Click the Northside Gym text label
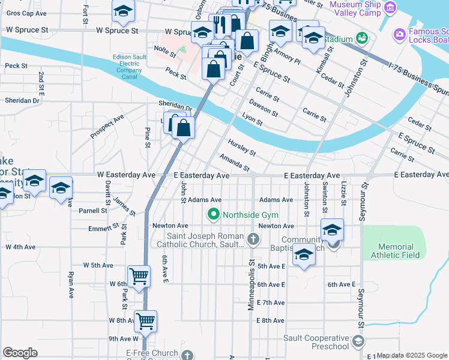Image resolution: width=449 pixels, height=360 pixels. pos(250,215)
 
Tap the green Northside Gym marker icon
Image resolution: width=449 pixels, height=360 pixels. pos(212,214)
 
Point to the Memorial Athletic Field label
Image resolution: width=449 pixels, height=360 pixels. pos(396,251)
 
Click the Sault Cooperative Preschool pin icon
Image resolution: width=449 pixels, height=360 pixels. pos(358,342)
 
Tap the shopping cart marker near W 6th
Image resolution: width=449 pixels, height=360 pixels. pos(139,277)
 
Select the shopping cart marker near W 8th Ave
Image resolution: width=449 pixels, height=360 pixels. pos(146,321)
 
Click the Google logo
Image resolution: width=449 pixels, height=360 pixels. pos(20,352)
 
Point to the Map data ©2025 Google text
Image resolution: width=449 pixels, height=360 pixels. pos(412,355)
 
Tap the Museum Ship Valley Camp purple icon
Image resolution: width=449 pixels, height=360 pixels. pos(391,8)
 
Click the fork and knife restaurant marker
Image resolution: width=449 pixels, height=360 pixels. pos(220,25)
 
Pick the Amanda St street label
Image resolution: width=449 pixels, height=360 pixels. pos(234,162)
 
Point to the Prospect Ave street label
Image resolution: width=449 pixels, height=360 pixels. pos(107,127)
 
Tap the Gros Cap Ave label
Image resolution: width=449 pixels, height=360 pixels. pos(26,13)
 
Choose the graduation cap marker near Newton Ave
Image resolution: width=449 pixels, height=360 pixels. pos(332,229)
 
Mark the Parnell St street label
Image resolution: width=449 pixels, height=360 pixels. pos(93,211)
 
